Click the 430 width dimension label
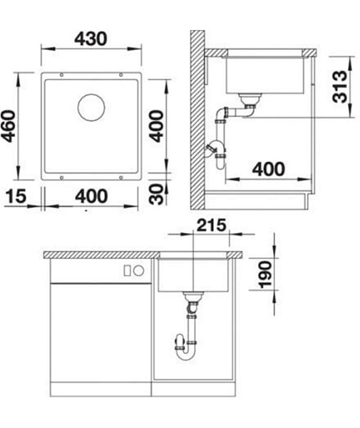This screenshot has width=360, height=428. pyautogui.click(x=91, y=39)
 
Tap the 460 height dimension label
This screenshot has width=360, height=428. pyautogui.click(x=8, y=126)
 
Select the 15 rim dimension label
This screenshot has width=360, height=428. pyautogui.click(x=16, y=196)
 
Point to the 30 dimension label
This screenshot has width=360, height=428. pyautogui.click(x=157, y=194)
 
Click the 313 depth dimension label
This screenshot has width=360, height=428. pyautogui.click(x=340, y=86)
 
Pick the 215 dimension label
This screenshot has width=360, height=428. pyautogui.click(x=212, y=225)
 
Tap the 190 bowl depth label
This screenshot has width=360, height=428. pyautogui.click(x=265, y=275)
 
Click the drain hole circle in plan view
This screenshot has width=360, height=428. pyautogui.click(x=91, y=107)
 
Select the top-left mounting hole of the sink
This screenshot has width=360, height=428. pyautogui.click(x=61, y=75)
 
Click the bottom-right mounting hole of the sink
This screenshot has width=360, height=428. pyautogui.click(x=120, y=178)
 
